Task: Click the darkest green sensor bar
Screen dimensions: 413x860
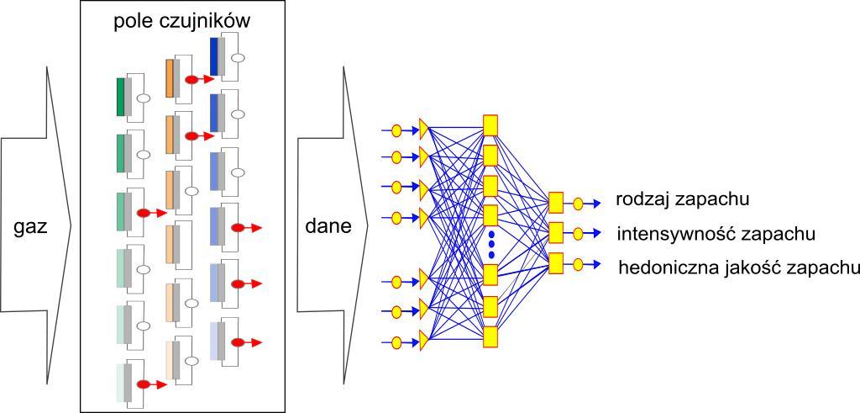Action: (x=121, y=97)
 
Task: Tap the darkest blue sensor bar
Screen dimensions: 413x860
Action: (x=213, y=56)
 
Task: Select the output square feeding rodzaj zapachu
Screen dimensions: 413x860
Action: (x=555, y=203)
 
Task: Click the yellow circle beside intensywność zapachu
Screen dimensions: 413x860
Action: (x=578, y=233)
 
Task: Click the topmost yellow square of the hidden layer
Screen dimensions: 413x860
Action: (x=491, y=124)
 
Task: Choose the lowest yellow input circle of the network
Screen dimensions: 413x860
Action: (x=397, y=342)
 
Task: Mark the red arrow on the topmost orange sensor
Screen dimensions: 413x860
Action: (x=198, y=79)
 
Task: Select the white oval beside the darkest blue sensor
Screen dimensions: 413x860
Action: (x=238, y=57)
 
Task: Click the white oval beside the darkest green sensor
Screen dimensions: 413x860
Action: (x=144, y=98)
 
